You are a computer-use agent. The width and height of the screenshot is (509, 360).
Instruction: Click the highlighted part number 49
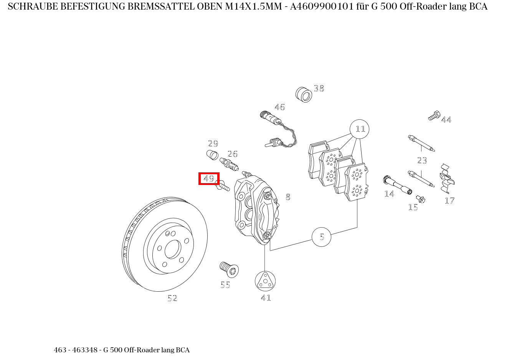[209, 178]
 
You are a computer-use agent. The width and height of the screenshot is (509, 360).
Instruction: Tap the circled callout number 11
[360, 129]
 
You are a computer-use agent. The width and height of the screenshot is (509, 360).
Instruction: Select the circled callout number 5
[322, 237]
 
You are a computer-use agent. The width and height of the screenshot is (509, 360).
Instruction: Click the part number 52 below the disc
[172, 298]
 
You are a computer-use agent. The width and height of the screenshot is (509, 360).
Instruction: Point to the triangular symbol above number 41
[265, 281]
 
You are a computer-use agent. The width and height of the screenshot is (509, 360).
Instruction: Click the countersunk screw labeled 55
[229, 270]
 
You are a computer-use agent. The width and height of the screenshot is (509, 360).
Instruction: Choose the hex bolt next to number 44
[434, 115]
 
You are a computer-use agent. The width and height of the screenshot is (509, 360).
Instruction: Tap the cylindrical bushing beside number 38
[304, 94]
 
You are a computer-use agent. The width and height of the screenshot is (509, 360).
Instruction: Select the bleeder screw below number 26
[229, 164]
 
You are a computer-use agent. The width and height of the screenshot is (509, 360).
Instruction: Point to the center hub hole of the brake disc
[173, 250]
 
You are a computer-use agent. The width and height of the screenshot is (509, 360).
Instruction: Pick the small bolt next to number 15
[421, 199]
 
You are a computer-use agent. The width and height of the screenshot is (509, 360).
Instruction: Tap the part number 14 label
[389, 194]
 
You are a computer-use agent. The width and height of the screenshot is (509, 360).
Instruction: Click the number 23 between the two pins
[422, 160]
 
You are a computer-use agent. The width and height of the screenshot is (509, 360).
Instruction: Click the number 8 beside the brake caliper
[288, 197]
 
